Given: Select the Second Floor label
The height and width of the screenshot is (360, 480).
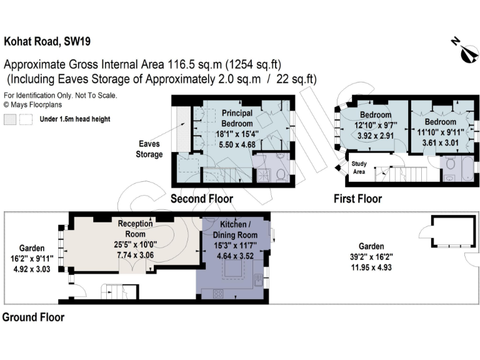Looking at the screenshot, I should pyautogui.click(x=202, y=199).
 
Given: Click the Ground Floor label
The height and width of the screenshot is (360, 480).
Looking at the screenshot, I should pyautogui.click(x=33, y=317).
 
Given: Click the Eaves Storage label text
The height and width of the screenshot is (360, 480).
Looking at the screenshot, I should pyautogui.click(x=149, y=149).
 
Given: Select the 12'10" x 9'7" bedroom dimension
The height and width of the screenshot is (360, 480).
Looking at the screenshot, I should pyautogui.click(x=375, y=124).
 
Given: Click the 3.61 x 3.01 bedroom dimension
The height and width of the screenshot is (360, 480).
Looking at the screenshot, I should pyautogui.click(x=441, y=142).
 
